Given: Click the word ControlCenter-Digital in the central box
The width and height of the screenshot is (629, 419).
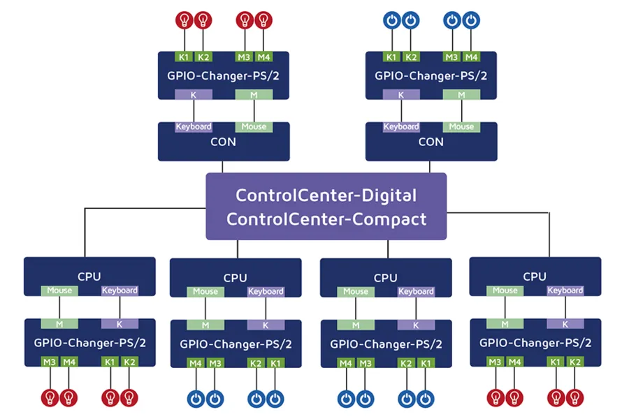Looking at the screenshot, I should [326, 195].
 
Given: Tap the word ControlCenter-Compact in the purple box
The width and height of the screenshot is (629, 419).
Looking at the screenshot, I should [326, 219].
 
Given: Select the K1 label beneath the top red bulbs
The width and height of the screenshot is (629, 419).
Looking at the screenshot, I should [184, 57].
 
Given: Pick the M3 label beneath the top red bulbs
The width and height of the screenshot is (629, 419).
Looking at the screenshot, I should [244, 57].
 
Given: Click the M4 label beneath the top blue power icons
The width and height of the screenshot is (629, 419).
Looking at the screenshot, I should [472, 57].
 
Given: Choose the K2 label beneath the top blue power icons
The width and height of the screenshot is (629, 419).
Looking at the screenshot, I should [412, 57].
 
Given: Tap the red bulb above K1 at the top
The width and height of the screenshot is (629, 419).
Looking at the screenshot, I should [184, 20].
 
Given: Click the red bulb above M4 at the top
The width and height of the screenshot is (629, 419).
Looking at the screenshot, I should [263, 20].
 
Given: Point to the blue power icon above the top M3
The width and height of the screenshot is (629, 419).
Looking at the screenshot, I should [452, 20].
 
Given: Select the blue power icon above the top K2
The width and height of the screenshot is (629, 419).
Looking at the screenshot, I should [412, 20].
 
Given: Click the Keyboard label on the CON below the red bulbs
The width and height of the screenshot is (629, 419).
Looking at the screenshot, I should [194, 127].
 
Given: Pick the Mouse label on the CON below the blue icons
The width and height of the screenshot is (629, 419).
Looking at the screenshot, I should [461, 127].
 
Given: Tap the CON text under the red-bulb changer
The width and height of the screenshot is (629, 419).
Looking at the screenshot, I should [223, 142].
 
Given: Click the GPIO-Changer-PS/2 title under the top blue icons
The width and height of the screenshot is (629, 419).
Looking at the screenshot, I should [431, 75].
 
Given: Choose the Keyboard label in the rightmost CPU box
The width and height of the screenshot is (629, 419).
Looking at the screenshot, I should [565, 291].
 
